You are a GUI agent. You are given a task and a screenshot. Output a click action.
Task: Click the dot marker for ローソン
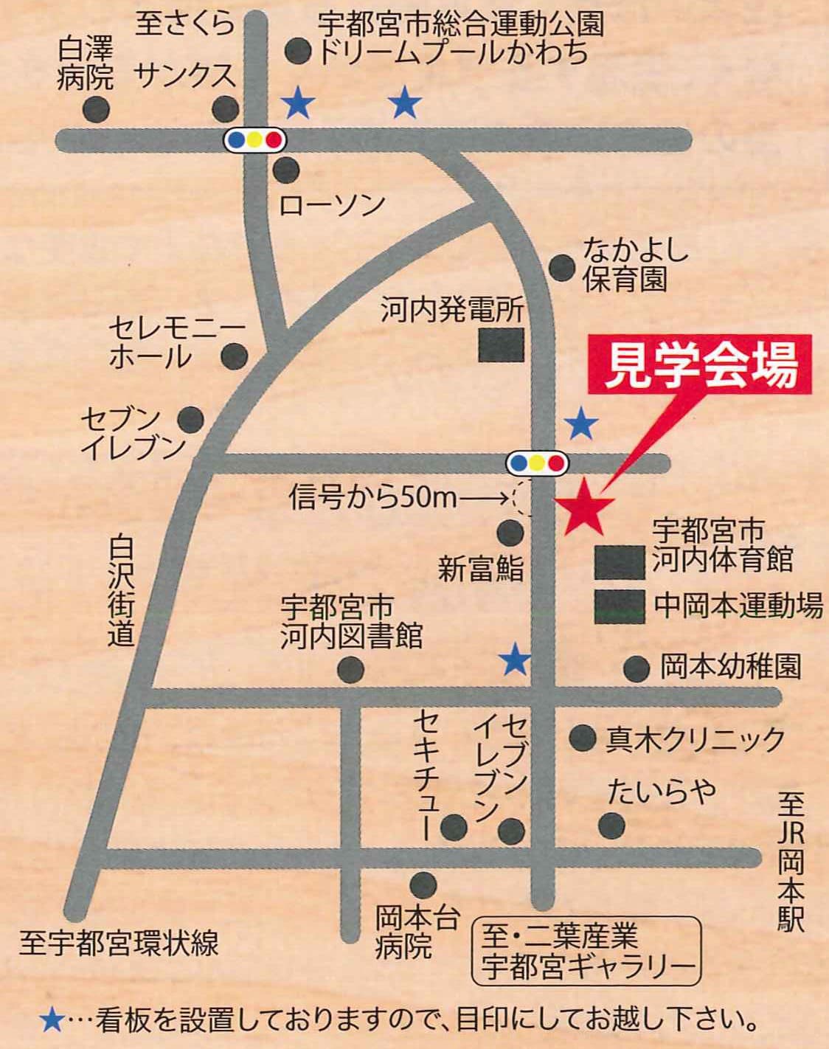[x=285, y=170]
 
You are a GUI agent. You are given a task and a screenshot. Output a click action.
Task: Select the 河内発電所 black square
[x=502, y=345]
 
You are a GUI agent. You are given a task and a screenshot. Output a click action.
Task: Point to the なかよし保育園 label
[x=635, y=264]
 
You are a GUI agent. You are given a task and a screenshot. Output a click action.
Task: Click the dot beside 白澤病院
[x=96, y=110]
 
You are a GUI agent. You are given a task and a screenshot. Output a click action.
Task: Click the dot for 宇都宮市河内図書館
[x=350, y=670]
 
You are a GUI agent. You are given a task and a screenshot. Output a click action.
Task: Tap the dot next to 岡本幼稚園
[x=637, y=669]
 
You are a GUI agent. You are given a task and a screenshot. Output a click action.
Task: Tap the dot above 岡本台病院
[x=423, y=882]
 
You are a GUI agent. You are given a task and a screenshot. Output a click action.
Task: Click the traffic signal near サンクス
[x=254, y=139]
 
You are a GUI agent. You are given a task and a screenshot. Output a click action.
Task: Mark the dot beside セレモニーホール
[x=235, y=356]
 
